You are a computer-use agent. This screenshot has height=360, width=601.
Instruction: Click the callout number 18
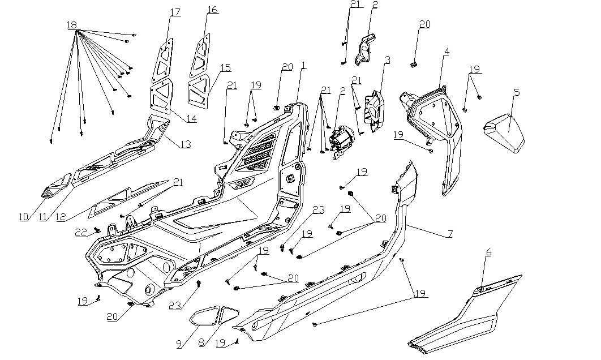pyautogui.click(x=72, y=25)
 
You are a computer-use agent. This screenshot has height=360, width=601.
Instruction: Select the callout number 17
pyautogui.click(x=175, y=12)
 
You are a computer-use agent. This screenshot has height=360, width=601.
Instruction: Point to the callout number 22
pyautogui.click(x=81, y=233)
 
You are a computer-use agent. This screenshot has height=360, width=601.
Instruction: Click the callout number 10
pyautogui.click(x=23, y=216)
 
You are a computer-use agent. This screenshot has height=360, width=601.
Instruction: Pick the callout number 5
pyautogui.click(x=517, y=92)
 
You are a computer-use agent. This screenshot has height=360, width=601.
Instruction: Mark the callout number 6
pyautogui.click(x=488, y=252)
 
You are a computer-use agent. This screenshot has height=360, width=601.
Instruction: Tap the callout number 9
pyautogui.click(x=179, y=342)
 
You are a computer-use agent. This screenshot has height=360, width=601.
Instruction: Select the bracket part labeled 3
pyautogui.click(x=375, y=110)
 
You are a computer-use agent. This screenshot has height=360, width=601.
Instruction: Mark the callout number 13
pyautogui.click(x=186, y=144)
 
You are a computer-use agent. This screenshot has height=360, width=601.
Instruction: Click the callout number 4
pyautogui.click(x=447, y=52)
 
